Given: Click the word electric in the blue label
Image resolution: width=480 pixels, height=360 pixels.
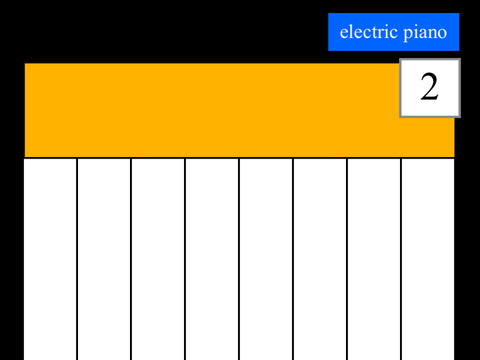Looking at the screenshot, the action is [368, 32].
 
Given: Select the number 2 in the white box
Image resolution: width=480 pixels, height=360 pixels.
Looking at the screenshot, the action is [429, 87].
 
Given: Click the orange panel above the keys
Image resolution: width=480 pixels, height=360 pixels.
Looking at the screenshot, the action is [212, 110].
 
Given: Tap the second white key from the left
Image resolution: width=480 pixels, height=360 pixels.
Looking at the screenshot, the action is [104, 259].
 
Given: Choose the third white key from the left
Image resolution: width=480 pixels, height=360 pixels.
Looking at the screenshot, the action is [158, 259].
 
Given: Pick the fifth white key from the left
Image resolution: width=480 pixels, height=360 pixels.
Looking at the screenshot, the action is [266, 259].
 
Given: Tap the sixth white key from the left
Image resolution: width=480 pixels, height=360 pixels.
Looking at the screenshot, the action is [320, 259].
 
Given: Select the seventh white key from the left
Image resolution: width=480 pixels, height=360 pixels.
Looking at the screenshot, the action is [374, 259].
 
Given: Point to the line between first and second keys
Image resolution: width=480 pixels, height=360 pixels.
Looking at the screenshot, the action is [77, 259].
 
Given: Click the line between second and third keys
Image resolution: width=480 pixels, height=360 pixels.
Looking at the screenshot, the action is [131, 259].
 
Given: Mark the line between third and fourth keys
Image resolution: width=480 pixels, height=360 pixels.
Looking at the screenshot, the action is [185, 259].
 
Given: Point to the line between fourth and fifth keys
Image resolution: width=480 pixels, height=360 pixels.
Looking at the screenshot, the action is [239, 259].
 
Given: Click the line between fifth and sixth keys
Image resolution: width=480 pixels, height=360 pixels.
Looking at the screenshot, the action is [293, 259].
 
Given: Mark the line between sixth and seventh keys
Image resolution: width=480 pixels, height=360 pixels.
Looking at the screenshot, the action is [347, 259].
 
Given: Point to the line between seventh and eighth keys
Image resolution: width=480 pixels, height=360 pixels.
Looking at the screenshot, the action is [401, 259].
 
